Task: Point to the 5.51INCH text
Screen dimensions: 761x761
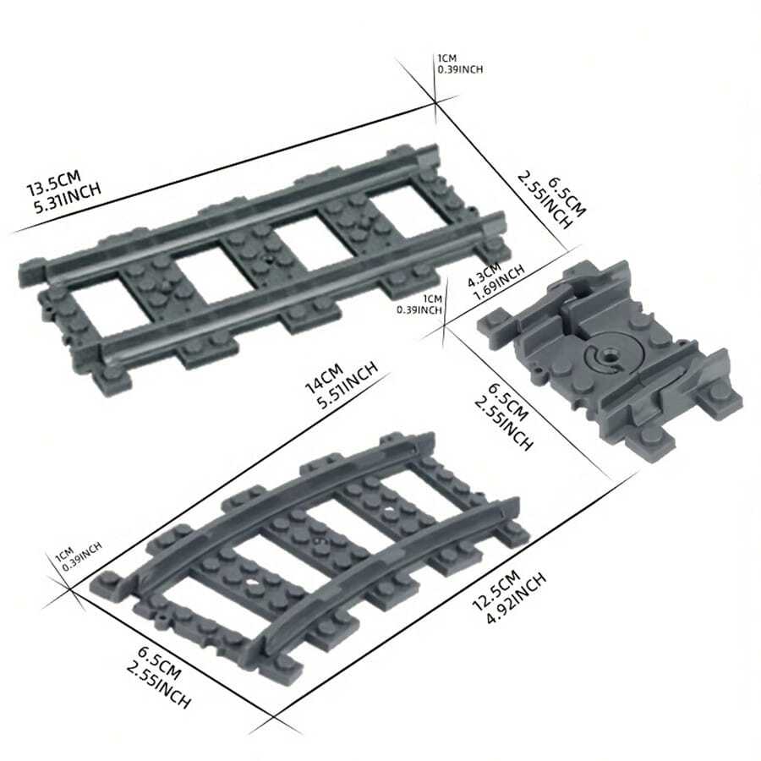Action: coord(347,391)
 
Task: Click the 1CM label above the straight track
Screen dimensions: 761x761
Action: coord(446,58)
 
